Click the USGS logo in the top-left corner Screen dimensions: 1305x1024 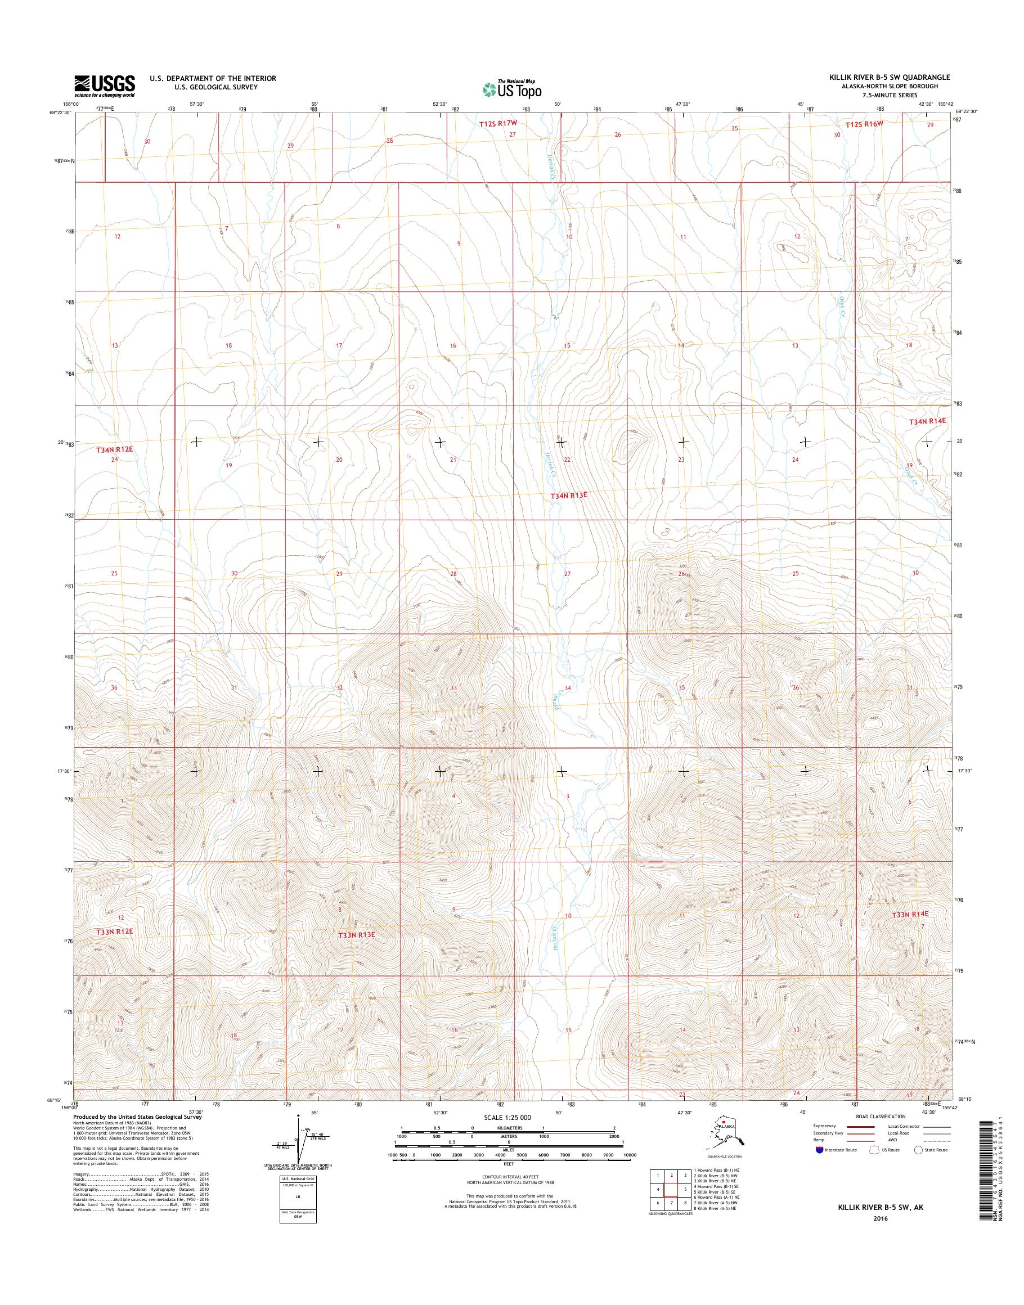[x=104, y=85]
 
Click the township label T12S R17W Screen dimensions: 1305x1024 [x=497, y=124]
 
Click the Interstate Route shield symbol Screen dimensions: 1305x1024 [x=819, y=1150]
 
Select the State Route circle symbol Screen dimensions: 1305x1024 [x=917, y=1150]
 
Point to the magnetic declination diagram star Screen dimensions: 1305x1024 [x=299, y=1117]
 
